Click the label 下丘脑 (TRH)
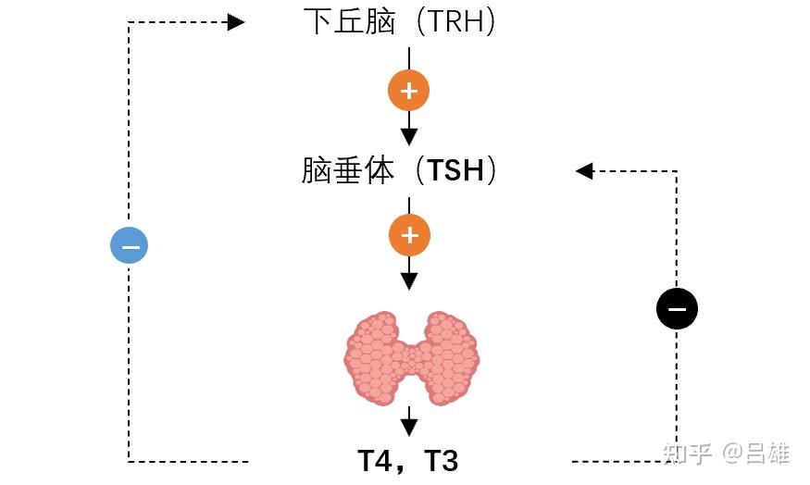399,21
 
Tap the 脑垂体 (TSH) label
399,170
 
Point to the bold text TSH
455,171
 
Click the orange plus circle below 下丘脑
409,91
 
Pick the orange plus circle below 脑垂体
409,237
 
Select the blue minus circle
129,245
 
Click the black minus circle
677,309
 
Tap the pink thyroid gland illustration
412,359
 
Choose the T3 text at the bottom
442,460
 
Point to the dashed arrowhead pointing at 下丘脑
236,21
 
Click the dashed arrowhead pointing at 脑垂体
584,170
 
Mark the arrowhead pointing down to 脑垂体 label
409,135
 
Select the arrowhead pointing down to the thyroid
409,280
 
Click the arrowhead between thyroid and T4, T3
409,427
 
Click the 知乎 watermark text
686,454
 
